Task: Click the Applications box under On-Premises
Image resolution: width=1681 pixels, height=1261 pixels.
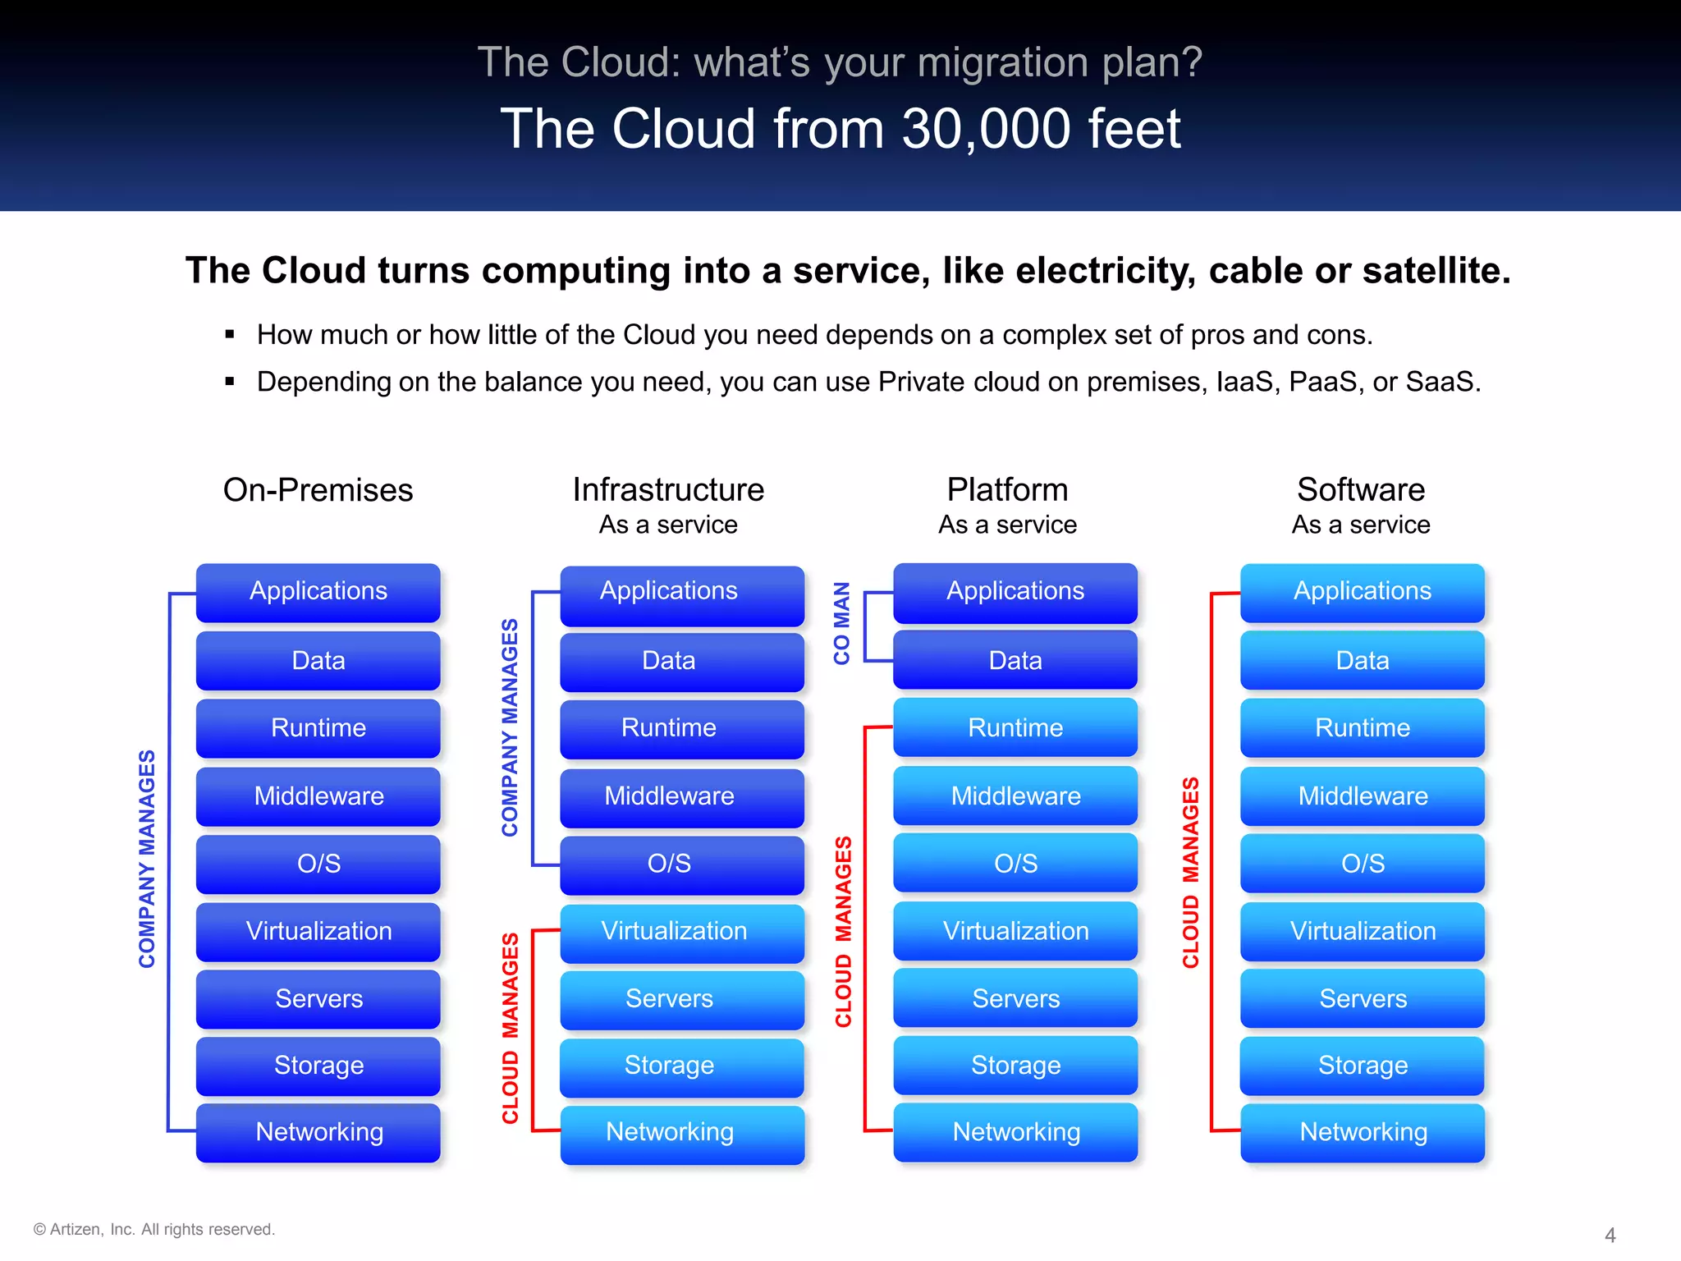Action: pos(318,592)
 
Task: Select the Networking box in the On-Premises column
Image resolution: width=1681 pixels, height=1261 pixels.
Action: pos(318,1132)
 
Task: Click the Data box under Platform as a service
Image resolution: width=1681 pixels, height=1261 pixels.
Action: pos(1015,661)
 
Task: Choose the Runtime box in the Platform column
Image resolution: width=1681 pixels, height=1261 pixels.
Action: pos(1015,728)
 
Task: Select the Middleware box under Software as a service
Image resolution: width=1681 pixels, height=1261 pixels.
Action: pos(1362,796)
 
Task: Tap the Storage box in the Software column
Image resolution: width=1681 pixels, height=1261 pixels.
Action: pos(1362,1066)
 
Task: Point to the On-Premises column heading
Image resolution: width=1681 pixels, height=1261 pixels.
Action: pos(318,490)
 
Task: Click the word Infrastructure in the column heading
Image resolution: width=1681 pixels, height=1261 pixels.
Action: pos(668,489)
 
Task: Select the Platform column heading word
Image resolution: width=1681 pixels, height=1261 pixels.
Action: pos(1007,489)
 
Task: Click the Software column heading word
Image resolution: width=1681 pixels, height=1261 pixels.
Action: pos(1360,489)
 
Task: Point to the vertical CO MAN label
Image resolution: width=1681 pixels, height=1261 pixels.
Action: pos(841,623)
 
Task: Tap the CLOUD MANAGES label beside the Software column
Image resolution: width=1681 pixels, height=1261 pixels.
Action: pos(1190,872)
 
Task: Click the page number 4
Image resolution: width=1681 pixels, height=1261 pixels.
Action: pos(1610,1235)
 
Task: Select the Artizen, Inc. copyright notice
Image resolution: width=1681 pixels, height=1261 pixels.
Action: pos(153,1229)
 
